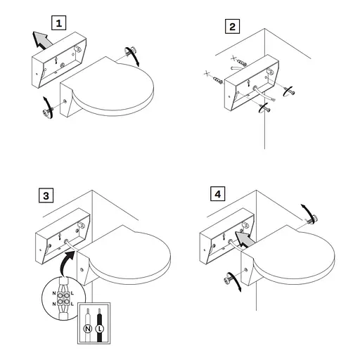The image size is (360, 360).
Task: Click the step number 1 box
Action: pyautogui.click(x=58, y=23)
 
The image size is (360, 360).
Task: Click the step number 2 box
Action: pyautogui.click(x=232, y=26)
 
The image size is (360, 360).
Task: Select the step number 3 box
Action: pyautogui.click(x=46, y=195)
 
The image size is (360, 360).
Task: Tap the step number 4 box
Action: pyautogui.click(x=218, y=194)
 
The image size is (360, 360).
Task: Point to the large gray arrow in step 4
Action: pyautogui.click(x=244, y=239)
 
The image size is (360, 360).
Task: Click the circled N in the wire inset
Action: pyautogui.click(x=88, y=329)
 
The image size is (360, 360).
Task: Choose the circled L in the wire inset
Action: pyautogui.click(x=99, y=329)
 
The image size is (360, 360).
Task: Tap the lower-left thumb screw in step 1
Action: pyautogui.click(x=47, y=112)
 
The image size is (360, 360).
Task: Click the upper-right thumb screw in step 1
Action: pyautogui.click(x=130, y=51)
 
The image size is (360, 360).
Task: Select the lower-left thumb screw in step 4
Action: pyautogui.click(x=230, y=278)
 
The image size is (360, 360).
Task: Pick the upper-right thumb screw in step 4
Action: pyautogui.click(x=312, y=219)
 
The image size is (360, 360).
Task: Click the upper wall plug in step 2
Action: pyautogui.click(x=241, y=63)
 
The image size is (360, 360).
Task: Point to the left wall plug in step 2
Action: pyautogui.click(x=217, y=80)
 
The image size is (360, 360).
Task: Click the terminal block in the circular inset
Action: pyautogui.click(x=63, y=298)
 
